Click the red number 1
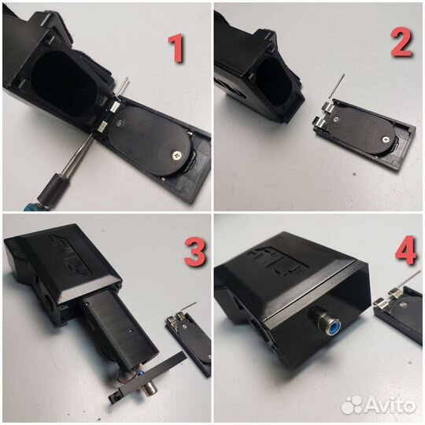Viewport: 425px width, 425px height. pyautogui.click(x=176, y=50)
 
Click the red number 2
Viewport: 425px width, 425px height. pyautogui.click(x=402, y=42)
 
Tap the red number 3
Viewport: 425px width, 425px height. pyautogui.click(x=195, y=253)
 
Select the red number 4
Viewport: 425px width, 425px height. pyautogui.click(x=405, y=250)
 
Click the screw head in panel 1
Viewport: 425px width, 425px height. pyautogui.click(x=178, y=155)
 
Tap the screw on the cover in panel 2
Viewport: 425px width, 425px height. pyautogui.click(x=385, y=139)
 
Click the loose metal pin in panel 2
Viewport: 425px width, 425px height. pyautogui.click(x=336, y=86)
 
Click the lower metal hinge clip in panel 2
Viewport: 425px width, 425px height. pyautogui.click(x=319, y=123)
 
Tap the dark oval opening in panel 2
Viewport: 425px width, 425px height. pyautogui.click(x=273, y=82)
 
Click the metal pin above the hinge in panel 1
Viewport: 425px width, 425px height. pyautogui.click(x=124, y=87)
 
